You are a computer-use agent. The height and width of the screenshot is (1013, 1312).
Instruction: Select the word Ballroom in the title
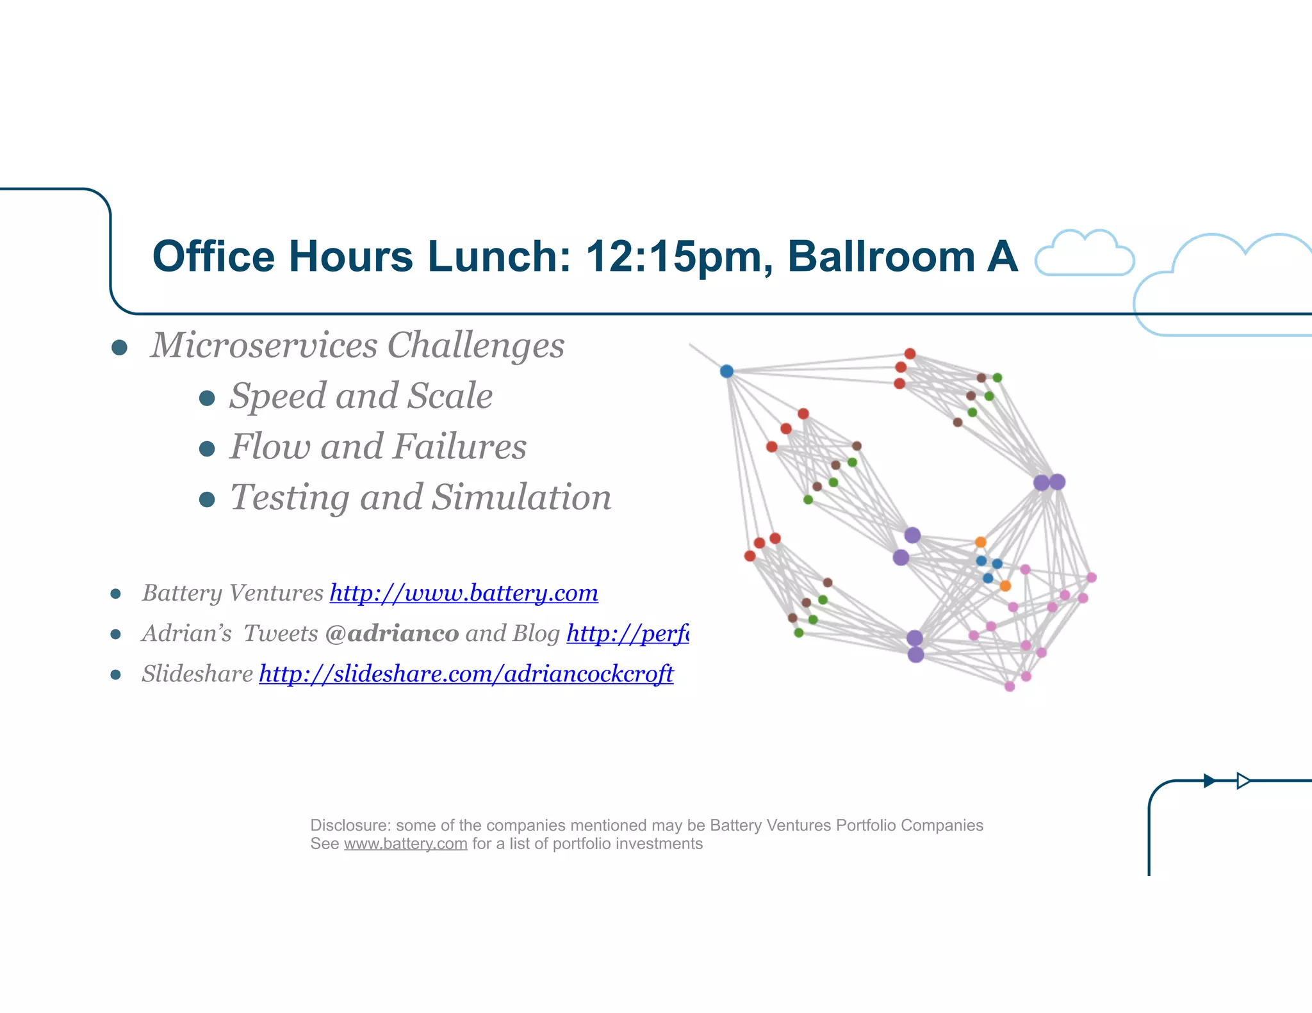pos(881,257)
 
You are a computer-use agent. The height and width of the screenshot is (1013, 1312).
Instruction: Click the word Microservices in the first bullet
pos(264,345)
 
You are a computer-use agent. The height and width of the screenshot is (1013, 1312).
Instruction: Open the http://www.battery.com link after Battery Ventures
pos(464,593)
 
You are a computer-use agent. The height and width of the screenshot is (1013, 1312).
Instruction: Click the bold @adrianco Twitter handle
pos(392,633)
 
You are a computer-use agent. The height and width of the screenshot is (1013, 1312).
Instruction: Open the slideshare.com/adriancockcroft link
pos(466,674)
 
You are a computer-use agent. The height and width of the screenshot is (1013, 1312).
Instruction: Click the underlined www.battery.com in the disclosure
pos(406,844)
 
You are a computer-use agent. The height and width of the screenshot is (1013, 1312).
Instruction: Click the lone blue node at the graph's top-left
pos(726,371)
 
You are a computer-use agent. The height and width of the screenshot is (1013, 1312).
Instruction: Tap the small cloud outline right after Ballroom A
pos(1085,254)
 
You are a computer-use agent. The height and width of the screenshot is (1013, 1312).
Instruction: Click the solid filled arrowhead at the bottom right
pos(1209,781)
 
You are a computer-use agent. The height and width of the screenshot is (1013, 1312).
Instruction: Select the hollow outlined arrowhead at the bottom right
pos(1243,781)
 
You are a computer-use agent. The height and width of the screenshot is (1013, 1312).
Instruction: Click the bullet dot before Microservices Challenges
pos(119,348)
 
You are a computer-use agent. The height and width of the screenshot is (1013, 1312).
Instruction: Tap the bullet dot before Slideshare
pos(116,675)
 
